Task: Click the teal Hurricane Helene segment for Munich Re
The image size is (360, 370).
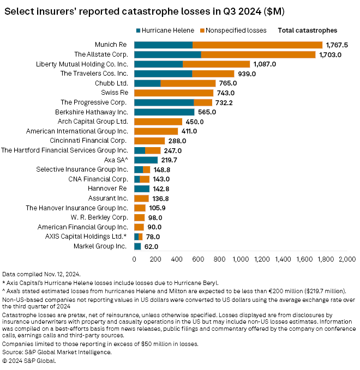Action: point(163,45)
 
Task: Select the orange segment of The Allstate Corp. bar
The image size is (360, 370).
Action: point(258,54)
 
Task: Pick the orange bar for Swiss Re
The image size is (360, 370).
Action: point(173,93)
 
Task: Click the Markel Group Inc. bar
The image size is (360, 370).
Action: point(137,246)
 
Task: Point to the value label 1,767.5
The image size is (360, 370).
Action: point(337,45)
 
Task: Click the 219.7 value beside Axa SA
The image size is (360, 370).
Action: point(169,160)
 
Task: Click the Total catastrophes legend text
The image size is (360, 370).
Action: point(307,31)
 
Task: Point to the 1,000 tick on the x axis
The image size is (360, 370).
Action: point(241,260)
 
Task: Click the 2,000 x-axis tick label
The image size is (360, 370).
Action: point(347,260)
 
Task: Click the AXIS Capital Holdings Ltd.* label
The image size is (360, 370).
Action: point(86,236)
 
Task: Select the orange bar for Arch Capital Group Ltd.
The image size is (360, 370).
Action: point(158,122)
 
